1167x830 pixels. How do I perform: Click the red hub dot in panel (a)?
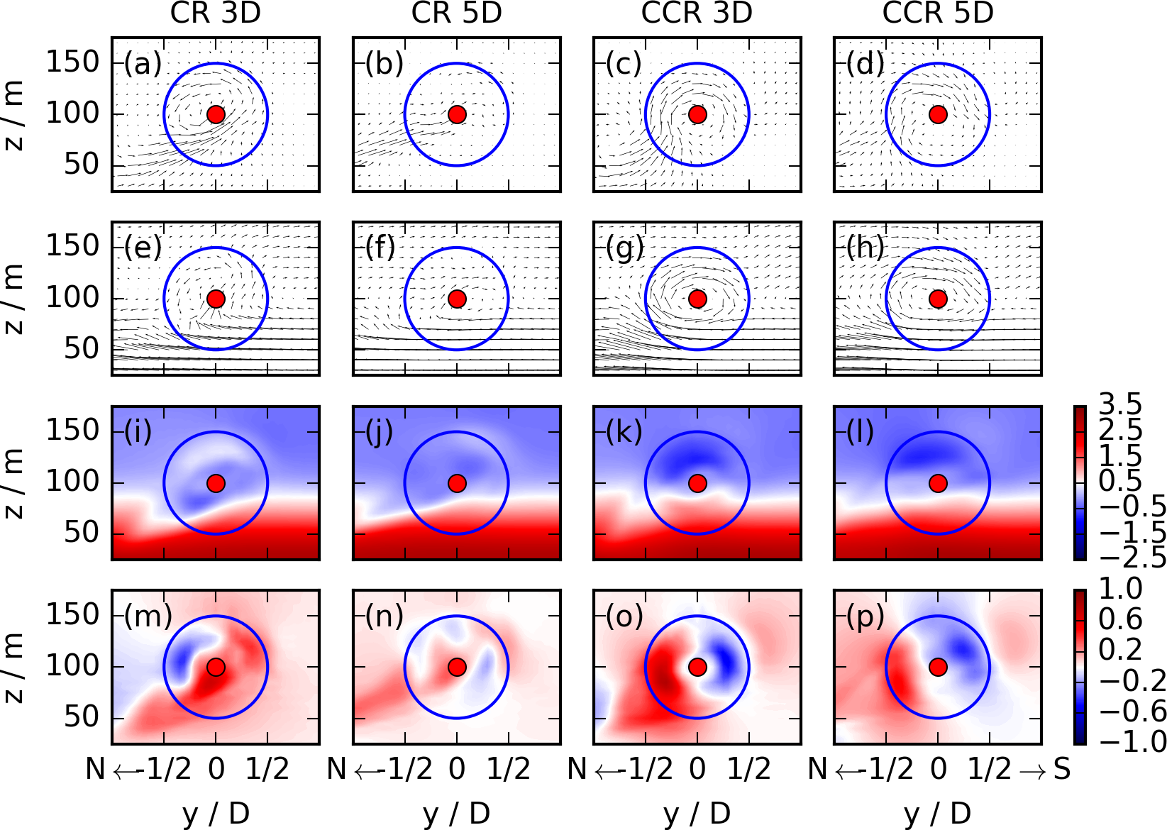point(216,114)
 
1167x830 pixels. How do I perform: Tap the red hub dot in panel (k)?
point(697,483)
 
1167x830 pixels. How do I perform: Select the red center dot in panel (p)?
point(938,668)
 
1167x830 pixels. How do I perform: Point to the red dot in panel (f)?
point(457,299)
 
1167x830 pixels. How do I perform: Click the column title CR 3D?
point(216,13)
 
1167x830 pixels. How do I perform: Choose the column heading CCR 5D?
point(938,13)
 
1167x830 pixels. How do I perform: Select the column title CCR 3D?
point(697,13)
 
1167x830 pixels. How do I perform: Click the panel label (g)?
point(625,248)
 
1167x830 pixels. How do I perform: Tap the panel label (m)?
point(148,616)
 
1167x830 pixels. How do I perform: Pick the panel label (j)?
point(380,432)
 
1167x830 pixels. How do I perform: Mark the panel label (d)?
point(865,64)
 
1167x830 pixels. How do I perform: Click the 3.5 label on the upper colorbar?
point(1120,404)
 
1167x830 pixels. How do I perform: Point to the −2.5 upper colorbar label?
point(1132,557)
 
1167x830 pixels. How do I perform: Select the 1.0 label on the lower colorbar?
point(1120,589)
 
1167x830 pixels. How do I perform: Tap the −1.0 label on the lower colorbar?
point(1132,741)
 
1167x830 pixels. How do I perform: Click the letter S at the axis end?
point(1061,769)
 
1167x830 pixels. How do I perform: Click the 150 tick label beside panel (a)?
point(73,62)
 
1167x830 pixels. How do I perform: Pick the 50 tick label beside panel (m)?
point(82,717)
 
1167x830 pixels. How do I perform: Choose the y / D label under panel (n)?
point(457,814)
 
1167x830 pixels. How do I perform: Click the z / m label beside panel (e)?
point(14,299)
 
